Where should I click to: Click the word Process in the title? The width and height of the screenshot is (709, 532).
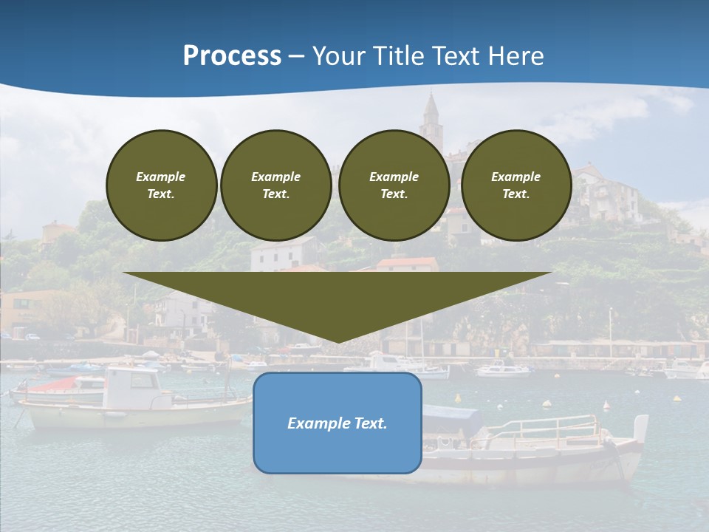[x=232, y=56]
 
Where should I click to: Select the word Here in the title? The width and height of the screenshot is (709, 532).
[x=514, y=56]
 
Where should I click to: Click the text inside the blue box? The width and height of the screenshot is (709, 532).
[x=338, y=423]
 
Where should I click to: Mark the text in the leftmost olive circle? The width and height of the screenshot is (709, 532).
[x=161, y=185]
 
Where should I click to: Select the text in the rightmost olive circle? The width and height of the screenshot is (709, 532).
[x=516, y=185]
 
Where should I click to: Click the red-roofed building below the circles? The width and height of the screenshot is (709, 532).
[x=407, y=264]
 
